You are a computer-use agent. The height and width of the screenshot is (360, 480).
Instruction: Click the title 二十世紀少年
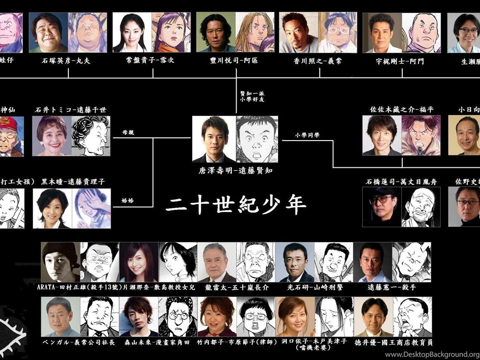[236, 205]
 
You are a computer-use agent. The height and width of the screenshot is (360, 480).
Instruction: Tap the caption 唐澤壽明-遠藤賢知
[236, 171]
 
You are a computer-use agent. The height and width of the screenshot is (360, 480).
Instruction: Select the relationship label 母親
[128, 133]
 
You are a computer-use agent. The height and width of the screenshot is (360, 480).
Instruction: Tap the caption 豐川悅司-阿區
[234, 60]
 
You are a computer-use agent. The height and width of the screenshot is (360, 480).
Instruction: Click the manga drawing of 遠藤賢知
[257, 139]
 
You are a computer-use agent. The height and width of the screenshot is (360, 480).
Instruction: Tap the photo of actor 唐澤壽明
[214, 139]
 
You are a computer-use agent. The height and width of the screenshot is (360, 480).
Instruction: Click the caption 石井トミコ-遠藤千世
[70, 110]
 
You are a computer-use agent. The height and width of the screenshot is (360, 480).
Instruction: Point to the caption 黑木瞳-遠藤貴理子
[73, 182]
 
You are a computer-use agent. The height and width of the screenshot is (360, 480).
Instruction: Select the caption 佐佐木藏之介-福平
[402, 110]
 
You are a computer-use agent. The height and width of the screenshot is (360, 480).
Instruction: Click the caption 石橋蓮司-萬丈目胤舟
[402, 181]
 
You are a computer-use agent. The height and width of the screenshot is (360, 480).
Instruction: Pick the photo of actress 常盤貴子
[132, 32]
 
